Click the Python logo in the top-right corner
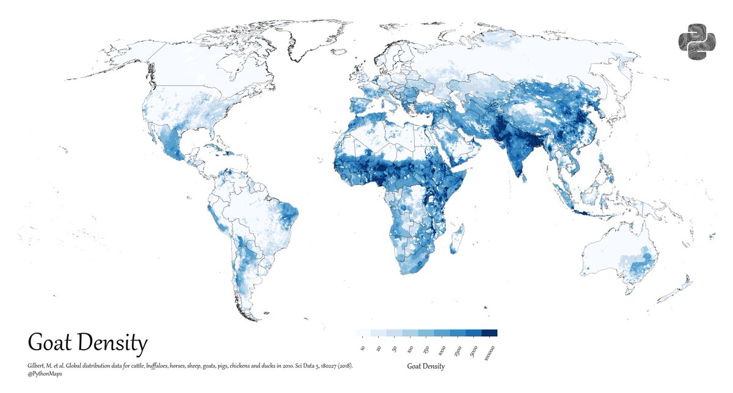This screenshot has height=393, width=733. pyautogui.click(x=696, y=42)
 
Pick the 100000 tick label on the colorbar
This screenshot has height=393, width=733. pyautogui.click(x=488, y=352)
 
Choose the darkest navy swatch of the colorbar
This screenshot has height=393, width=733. pyautogui.click(x=490, y=333)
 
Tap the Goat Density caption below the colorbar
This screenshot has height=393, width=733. pyautogui.click(x=426, y=367)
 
